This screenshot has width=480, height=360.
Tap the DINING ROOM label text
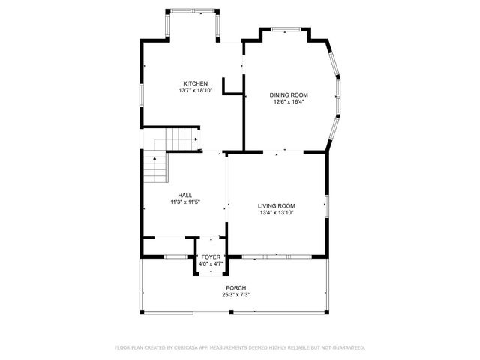(x=289, y=95)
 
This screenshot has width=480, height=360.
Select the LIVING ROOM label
(x=276, y=206)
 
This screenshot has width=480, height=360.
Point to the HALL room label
(x=184, y=195)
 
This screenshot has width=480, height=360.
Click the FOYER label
(x=210, y=257)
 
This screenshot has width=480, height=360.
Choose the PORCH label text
(x=235, y=288)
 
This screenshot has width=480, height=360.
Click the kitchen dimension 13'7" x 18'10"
(x=196, y=90)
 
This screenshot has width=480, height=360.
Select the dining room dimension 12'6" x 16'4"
(x=289, y=102)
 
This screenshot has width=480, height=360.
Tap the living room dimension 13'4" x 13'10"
(x=276, y=213)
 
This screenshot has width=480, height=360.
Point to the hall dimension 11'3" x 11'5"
(x=184, y=202)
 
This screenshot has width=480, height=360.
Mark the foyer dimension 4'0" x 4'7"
(x=210, y=264)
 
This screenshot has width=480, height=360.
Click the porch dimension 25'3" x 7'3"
(x=235, y=295)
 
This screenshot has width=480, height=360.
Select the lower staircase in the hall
(x=154, y=168)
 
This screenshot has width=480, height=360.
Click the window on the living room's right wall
(x=326, y=205)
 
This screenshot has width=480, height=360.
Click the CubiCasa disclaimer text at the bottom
(x=239, y=347)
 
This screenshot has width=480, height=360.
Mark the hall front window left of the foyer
(x=175, y=256)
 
